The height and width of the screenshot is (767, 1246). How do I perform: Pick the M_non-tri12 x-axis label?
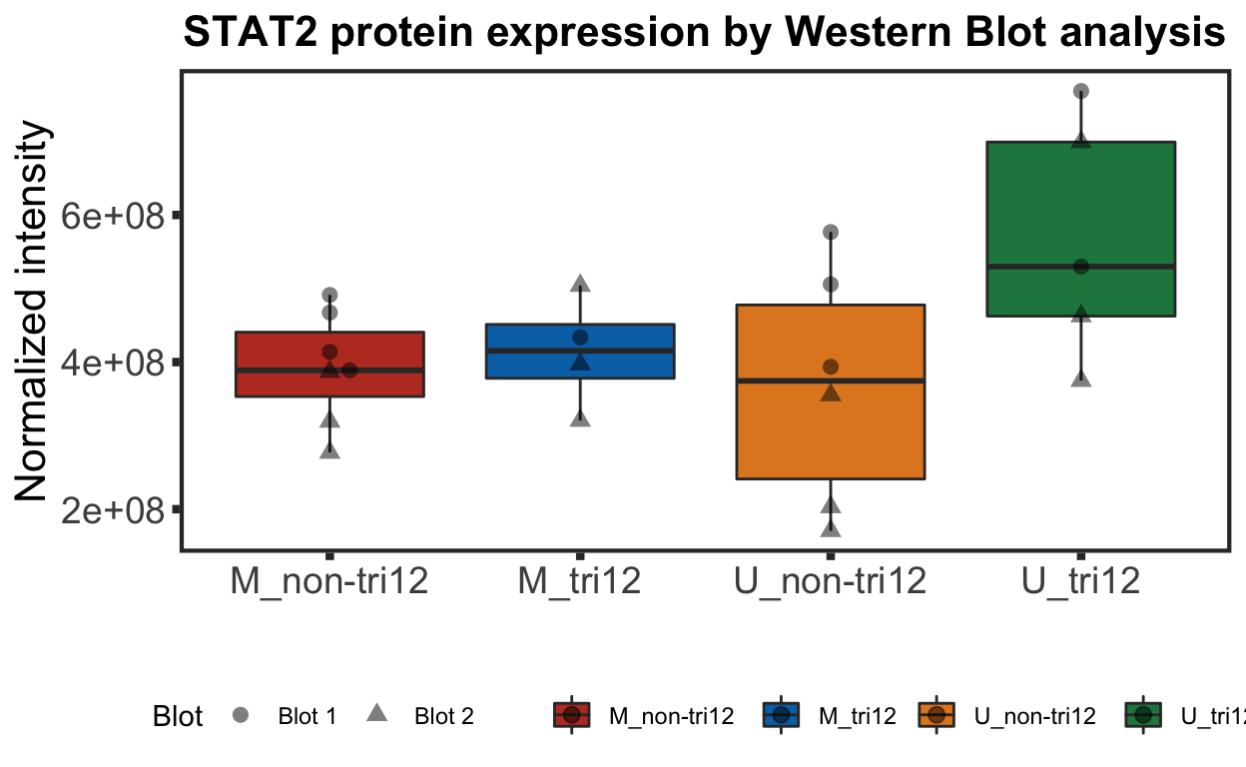pyautogui.click(x=329, y=581)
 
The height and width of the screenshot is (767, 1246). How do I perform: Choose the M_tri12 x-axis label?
pyautogui.click(x=580, y=581)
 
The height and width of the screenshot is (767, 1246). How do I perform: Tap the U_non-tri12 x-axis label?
pyautogui.click(x=831, y=581)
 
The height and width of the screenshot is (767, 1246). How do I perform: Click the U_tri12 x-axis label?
pyautogui.click(x=1080, y=581)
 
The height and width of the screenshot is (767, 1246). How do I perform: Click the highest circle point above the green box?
pyautogui.click(x=1080, y=91)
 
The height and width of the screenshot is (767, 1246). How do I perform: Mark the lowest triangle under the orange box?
pyautogui.click(x=831, y=528)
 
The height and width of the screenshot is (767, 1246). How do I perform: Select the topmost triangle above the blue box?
pyautogui.click(x=580, y=285)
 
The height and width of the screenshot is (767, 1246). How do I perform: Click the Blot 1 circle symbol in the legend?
pyautogui.click(x=241, y=715)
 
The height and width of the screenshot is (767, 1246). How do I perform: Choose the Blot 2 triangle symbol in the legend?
pyautogui.click(x=376, y=714)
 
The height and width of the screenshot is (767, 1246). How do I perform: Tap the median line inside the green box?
pyautogui.click(x=1128, y=267)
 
